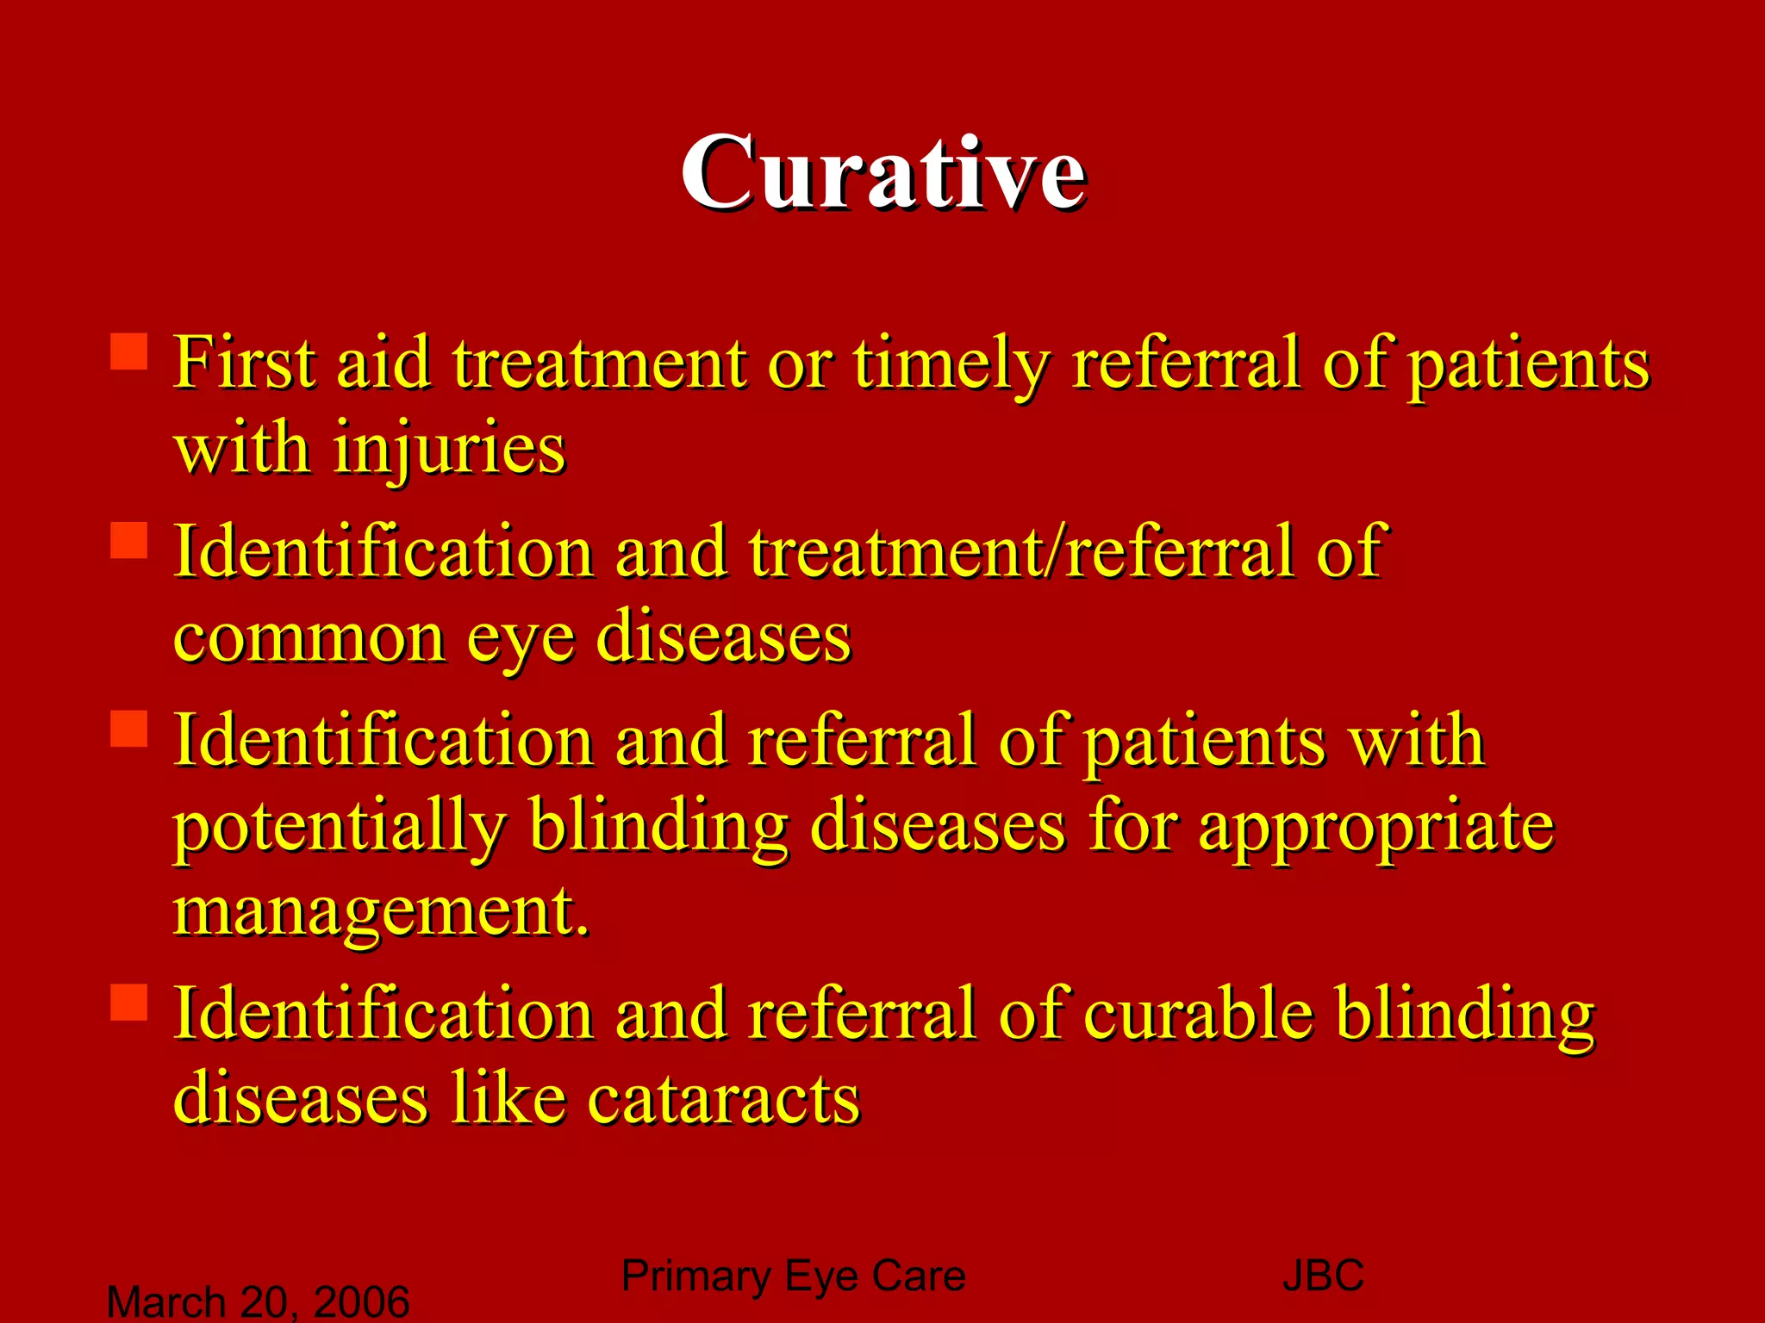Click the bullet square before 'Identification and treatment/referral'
pyautogui.click(x=129, y=540)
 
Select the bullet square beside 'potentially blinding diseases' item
pyautogui.click(x=129, y=728)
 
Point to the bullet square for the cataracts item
pyautogui.click(x=129, y=1002)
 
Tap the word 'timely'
pyautogui.click(x=951, y=363)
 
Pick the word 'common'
pyautogui.click(x=309, y=639)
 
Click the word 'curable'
pyautogui.click(x=1198, y=1014)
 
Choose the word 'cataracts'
pyautogui.click(x=723, y=1100)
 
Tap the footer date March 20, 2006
pyautogui.click(x=258, y=1301)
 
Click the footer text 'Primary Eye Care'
pyautogui.click(x=793, y=1276)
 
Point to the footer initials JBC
pyautogui.click(x=1323, y=1276)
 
